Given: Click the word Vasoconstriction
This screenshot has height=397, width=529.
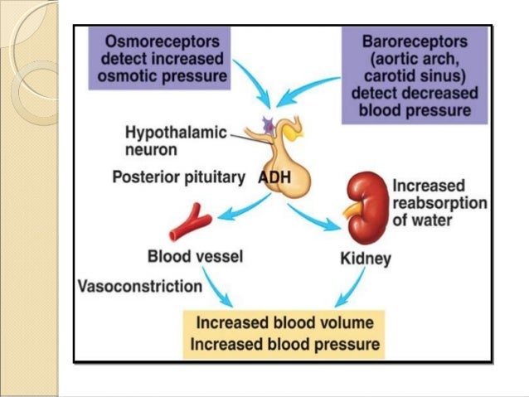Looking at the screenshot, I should pyautogui.click(x=140, y=287).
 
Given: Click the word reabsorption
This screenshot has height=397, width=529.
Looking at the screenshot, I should pyautogui.click(x=439, y=205).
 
